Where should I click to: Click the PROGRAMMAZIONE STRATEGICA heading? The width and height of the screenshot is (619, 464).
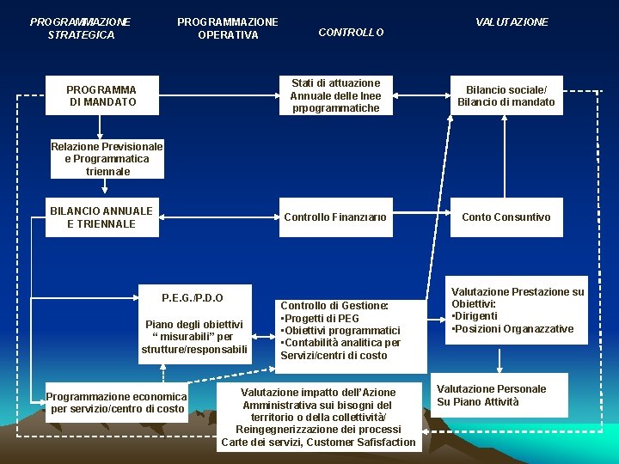tap(81, 28)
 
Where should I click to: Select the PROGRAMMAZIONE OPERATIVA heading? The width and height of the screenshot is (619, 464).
tap(228, 28)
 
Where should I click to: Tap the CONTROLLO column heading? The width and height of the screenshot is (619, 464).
tap(351, 33)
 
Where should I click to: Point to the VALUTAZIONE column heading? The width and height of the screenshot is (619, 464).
tap(512, 22)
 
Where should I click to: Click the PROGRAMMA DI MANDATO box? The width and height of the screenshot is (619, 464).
tap(101, 95)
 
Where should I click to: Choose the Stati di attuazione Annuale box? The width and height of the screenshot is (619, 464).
tap(335, 95)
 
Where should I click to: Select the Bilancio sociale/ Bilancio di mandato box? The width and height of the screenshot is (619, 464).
tap(506, 95)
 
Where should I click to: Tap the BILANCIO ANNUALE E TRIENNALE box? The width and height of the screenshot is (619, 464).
tap(101, 217)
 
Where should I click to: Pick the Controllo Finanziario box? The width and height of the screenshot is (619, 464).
tap(335, 217)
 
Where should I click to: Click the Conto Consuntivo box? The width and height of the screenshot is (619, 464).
tap(506, 217)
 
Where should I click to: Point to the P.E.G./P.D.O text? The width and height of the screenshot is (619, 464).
tap(193, 298)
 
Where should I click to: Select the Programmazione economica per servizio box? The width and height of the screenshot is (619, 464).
tap(116, 403)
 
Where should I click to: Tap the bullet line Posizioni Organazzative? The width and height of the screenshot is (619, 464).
tap(513, 329)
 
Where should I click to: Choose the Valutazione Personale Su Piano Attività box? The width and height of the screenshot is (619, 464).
tap(491, 396)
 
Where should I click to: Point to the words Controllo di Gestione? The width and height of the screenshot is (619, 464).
tap(334, 306)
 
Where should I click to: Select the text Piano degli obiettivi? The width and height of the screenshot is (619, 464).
tap(194, 324)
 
